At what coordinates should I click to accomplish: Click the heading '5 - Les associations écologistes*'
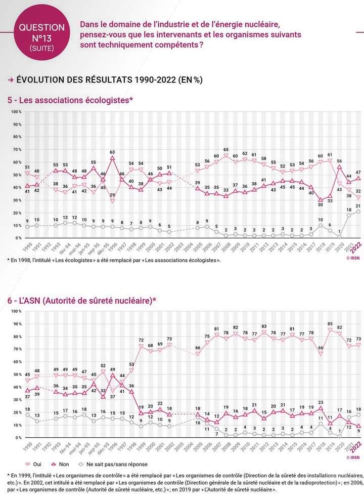(x=70, y=100)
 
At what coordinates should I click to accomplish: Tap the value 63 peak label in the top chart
(x=112, y=152)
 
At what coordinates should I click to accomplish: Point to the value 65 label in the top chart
(x=226, y=150)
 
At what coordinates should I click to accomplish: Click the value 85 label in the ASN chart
(x=330, y=324)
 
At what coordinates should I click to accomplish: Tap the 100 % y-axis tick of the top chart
(x=16, y=111)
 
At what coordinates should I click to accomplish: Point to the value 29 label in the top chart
(x=112, y=195)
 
